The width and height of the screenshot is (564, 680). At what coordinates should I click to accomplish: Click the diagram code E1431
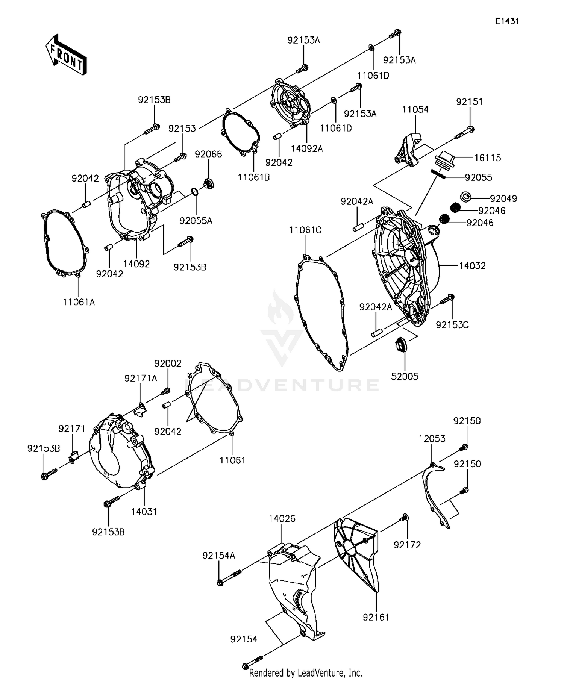507,21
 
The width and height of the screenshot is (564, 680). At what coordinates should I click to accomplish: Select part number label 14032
472,266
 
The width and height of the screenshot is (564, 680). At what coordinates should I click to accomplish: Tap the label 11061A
79,302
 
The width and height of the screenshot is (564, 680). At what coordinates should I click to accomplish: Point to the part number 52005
405,376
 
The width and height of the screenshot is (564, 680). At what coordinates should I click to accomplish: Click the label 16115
487,158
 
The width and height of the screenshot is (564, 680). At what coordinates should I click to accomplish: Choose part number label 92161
376,617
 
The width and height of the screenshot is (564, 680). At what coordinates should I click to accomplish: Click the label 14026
282,518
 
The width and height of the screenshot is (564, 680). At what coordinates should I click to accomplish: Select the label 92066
208,154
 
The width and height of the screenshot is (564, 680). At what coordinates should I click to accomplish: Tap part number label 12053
432,439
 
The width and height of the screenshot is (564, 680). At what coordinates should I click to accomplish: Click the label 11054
415,109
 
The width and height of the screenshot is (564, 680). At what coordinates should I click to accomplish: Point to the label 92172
407,545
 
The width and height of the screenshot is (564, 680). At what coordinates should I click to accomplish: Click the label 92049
503,198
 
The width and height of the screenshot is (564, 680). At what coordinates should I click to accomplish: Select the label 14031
144,511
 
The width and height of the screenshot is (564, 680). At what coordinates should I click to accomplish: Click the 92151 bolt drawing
464,133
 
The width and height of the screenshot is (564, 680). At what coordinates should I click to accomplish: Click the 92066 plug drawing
208,184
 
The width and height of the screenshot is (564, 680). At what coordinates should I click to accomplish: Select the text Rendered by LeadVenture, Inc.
306,673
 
